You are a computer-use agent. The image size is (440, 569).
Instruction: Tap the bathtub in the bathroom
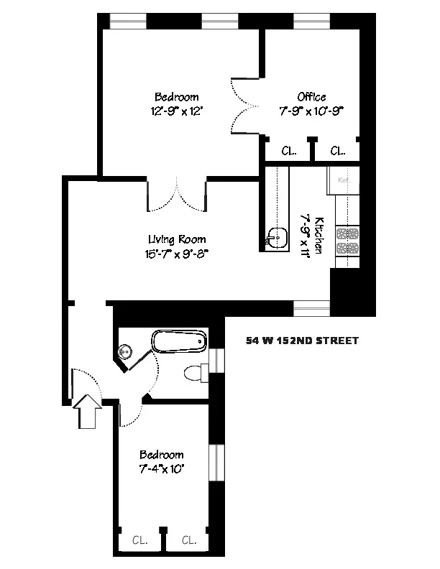click(x=180, y=341)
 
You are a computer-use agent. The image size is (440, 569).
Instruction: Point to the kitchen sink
click(x=275, y=236)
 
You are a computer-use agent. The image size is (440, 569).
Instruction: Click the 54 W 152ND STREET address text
click(x=301, y=341)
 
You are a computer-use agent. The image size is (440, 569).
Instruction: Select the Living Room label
click(x=177, y=240)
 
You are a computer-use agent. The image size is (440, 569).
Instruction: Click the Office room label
click(x=311, y=97)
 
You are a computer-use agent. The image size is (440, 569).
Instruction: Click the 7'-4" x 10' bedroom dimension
click(x=162, y=468)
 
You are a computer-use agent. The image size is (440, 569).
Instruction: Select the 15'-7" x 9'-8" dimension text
click(x=176, y=253)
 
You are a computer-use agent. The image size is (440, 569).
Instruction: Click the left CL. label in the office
click(x=288, y=152)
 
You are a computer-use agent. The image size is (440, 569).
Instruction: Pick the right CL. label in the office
click(x=337, y=152)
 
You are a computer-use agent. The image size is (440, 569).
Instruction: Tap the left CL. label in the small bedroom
click(x=140, y=540)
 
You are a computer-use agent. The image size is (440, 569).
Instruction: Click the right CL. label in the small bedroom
click(x=189, y=540)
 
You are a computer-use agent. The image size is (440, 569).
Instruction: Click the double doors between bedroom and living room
click(x=177, y=194)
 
